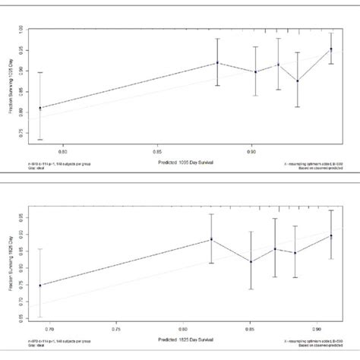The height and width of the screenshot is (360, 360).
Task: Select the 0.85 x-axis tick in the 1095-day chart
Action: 158,151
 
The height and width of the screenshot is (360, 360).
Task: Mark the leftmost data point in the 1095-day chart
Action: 40,108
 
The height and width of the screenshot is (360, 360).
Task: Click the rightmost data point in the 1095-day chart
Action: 331,49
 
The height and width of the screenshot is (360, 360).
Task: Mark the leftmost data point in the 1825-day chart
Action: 40,286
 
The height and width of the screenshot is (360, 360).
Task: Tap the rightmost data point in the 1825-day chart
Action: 331,236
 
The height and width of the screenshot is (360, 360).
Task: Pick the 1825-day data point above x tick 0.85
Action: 250,262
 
